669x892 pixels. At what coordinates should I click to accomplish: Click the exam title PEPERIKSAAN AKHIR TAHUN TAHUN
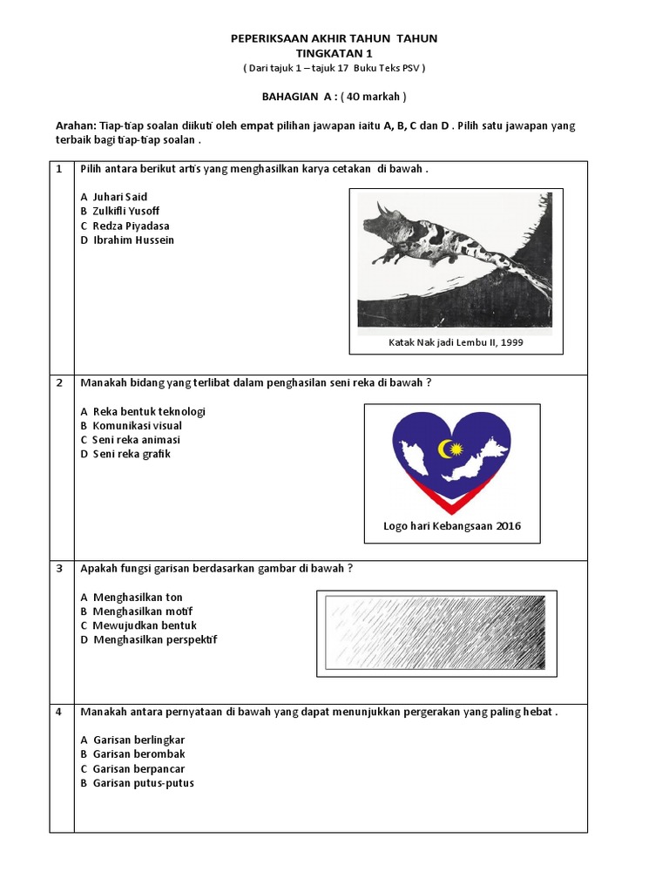(x=334, y=38)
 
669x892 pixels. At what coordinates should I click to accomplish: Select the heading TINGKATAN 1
(x=334, y=53)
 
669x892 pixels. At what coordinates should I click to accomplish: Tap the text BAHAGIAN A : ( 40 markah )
(x=334, y=97)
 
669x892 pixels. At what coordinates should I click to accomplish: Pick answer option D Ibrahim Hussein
(x=127, y=240)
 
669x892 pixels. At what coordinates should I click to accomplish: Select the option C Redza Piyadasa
(x=125, y=226)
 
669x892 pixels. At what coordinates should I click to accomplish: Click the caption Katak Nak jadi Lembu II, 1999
(x=456, y=342)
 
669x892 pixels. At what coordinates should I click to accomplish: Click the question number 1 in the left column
(x=59, y=169)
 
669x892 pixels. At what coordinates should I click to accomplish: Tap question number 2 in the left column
(x=59, y=382)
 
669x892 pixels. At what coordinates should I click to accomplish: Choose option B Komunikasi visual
(x=131, y=426)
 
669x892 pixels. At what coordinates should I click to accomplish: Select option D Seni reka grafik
(x=125, y=454)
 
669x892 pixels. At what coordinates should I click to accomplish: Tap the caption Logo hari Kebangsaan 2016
(x=452, y=525)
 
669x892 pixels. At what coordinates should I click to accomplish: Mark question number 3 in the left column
(x=59, y=568)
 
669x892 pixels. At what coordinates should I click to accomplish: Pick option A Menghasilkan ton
(x=132, y=597)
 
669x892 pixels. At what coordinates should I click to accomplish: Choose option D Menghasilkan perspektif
(x=148, y=639)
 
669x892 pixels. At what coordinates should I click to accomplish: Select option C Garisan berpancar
(x=132, y=768)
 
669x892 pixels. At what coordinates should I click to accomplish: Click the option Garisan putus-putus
(x=137, y=782)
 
